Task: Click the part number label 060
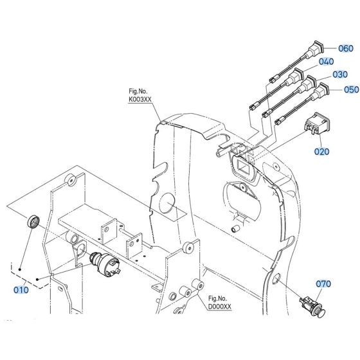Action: click(x=346, y=48)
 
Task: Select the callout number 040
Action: click(x=327, y=62)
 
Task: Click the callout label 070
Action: click(x=323, y=283)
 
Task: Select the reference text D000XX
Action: click(x=220, y=306)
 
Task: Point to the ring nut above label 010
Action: click(x=32, y=222)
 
